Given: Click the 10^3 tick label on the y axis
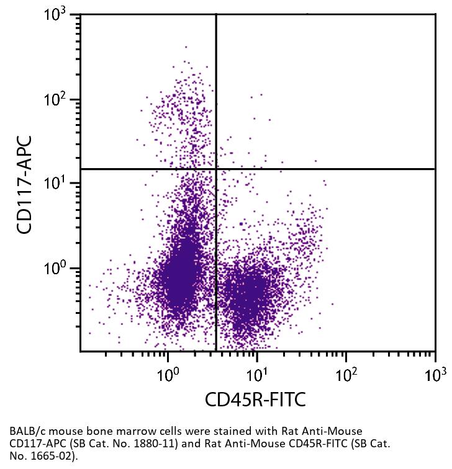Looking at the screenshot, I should click(x=58, y=14).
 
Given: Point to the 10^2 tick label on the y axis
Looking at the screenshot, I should click(x=58, y=99).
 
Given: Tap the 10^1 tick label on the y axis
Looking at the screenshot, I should click(x=58, y=184).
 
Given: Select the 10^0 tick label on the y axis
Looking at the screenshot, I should click(x=58, y=269).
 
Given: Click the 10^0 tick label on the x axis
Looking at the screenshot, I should click(x=167, y=373).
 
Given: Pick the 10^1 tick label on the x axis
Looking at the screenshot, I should click(x=256, y=373).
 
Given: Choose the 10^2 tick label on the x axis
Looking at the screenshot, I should click(x=346, y=373).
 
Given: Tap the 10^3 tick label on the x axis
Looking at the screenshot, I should click(x=434, y=373).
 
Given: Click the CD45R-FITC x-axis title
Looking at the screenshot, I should click(x=255, y=400).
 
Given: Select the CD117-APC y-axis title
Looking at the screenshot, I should click(x=25, y=184).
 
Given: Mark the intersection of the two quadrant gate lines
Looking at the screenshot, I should click(x=216, y=169).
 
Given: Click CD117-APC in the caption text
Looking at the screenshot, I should click(x=37, y=444).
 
